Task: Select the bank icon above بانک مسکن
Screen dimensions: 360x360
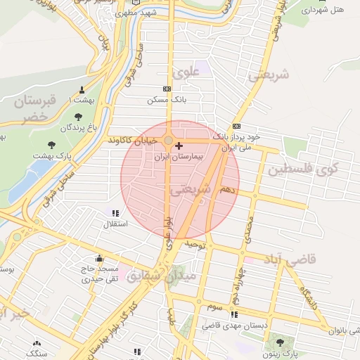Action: (167, 89)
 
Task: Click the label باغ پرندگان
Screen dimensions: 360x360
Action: (76, 128)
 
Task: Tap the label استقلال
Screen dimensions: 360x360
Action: (115, 225)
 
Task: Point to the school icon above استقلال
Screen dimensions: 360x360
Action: (115, 213)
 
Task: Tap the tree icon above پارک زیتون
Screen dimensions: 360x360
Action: (281, 342)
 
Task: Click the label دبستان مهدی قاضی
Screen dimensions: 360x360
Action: (233, 326)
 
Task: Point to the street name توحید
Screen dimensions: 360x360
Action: (194, 244)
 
